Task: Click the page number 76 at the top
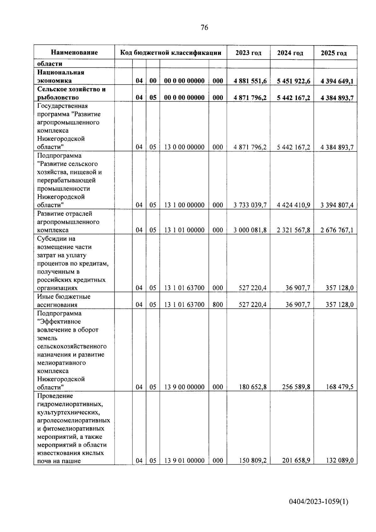(x=204, y=28)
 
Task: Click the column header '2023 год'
(x=248, y=53)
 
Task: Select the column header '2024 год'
(x=290, y=53)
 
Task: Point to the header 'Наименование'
(x=74, y=53)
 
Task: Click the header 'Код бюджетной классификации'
(x=171, y=53)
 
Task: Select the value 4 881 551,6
(x=250, y=81)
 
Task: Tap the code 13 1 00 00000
(x=184, y=205)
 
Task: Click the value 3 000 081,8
(x=250, y=230)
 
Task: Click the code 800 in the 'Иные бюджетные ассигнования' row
(x=218, y=304)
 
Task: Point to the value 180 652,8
(x=253, y=387)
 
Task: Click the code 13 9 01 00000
(x=184, y=461)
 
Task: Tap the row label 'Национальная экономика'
(x=61, y=76)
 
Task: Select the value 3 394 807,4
(x=337, y=205)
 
